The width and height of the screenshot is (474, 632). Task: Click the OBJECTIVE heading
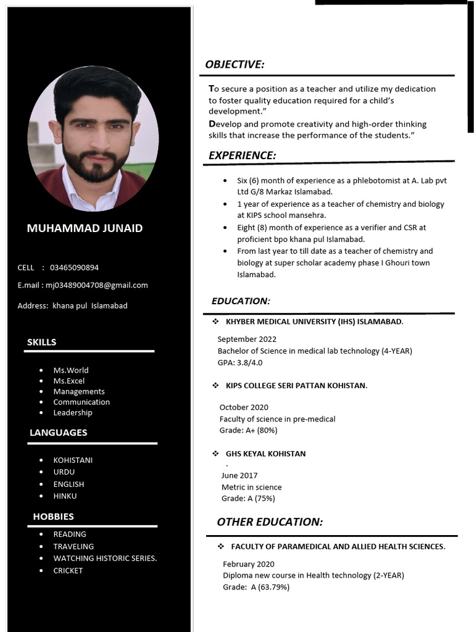pyautogui.click(x=235, y=65)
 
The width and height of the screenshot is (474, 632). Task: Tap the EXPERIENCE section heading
pyautogui.click(x=242, y=156)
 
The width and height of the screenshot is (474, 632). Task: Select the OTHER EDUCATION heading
pyautogui.click(x=270, y=522)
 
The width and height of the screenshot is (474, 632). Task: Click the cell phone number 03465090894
pyautogui.click(x=74, y=267)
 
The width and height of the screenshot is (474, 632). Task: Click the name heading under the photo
pyautogui.click(x=85, y=228)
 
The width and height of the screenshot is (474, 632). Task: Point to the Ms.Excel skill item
pyautogui.click(x=69, y=381)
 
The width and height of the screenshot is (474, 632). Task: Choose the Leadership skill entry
pyautogui.click(x=73, y=412)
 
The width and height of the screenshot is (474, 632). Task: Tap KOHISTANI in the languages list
pyautogui.click(x=73, y=460)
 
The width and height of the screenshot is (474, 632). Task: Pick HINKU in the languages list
pyautogui.click(x=65, y=496)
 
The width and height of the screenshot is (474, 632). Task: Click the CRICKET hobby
pyautogui.click(x=68, y=570)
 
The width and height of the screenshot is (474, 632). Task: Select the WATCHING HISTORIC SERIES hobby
pyautogui.click(x=105, y=558)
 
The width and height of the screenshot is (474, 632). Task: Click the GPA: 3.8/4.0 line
pyautogui.click(x=240, y=362)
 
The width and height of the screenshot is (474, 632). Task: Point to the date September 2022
pyautogui.click(x=247, y=339)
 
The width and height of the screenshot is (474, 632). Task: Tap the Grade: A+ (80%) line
pyautogui.click(x=248, y=430)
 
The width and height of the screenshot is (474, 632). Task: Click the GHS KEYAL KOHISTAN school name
pyautogui.click(x=265, y=454)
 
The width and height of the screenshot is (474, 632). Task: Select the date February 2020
pyautogui.click(x=249, y=563)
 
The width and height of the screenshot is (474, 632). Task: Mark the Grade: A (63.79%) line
pyautogui.click(x=256, y=587)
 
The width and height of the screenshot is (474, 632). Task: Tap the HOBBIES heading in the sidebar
pyautogui.click(x=54, y=517)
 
